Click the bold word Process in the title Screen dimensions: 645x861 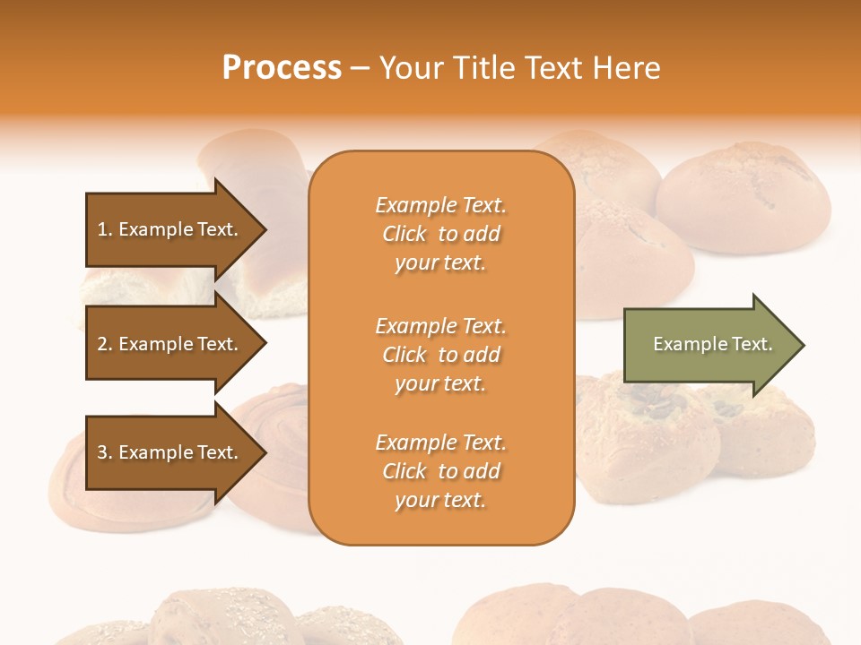click(x=282, y=68)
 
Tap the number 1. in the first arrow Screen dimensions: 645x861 click(x=105, y=229)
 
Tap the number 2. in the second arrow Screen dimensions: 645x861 click(x=105, y=344)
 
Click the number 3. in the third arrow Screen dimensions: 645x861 click(x=105, y=452)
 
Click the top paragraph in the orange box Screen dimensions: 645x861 click(x=440, y=234)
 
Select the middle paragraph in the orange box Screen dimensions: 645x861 click(x=440, y=355)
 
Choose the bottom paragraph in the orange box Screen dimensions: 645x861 click(x=440, y=471)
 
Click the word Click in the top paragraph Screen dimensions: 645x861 click(x=404, y=234)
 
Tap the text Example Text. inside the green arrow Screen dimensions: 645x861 click(x=713, y=344)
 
